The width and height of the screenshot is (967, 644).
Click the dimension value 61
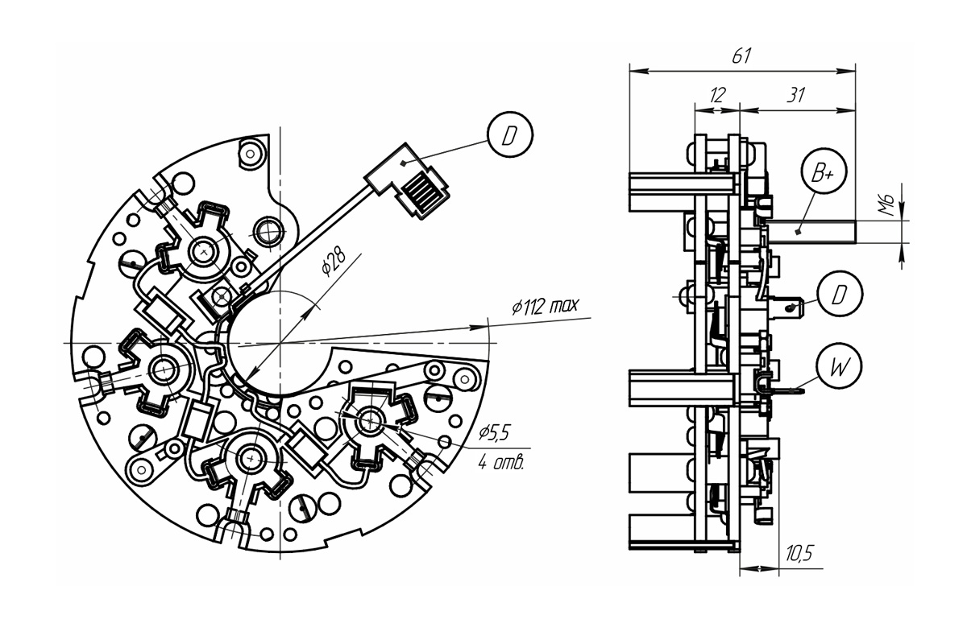click(741, 56)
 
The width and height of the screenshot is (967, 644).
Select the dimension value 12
click(717, 95)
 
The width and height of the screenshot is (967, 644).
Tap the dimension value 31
click(795, 95)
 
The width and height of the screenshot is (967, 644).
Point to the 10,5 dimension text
click(799, 553)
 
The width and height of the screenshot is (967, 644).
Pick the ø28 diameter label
click(334, 262)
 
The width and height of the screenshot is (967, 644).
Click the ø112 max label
click(545, 306)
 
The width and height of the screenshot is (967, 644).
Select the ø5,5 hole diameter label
click(494, 432)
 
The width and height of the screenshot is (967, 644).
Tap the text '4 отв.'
click(500, 463)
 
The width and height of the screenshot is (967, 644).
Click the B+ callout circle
click(824, 171)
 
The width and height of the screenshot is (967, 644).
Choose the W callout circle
click(839, 365)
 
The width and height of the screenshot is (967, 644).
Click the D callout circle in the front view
click(510, 134)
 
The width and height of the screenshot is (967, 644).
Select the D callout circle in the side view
click(840, 294)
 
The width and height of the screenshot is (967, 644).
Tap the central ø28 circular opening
click(280, 343)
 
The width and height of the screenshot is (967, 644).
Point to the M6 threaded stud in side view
click(811, 232)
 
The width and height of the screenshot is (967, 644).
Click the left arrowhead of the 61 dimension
click(639, 71)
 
